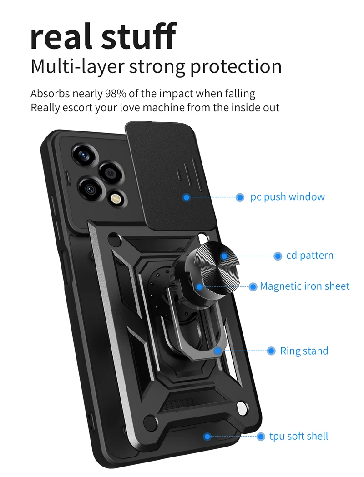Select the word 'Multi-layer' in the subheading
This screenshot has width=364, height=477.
(77, 66)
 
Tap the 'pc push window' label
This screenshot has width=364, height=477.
(288, 197)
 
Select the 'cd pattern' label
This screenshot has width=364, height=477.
(309, 256)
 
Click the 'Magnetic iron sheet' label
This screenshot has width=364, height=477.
(304, 286)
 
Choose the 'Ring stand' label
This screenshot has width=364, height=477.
(304, 351)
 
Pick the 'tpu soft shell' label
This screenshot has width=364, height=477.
(298, 437)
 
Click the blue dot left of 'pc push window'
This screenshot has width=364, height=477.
(240, 197)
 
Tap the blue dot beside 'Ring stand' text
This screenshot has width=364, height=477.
(271, 351)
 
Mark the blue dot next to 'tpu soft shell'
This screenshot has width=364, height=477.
(261, 437)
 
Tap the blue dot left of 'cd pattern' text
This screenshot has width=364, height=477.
(278, 256)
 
